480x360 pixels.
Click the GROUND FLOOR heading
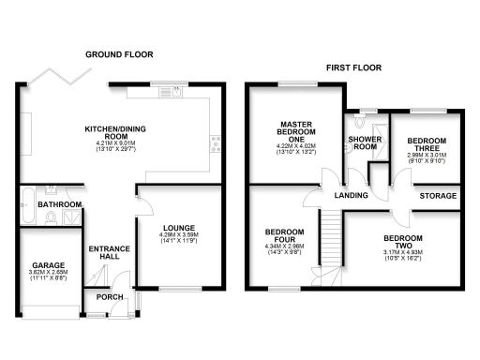pos(119,54)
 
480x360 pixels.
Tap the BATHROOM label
pos(59,204)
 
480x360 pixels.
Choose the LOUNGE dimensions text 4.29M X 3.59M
pos(178,238)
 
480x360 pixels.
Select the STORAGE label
pos(438,196)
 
